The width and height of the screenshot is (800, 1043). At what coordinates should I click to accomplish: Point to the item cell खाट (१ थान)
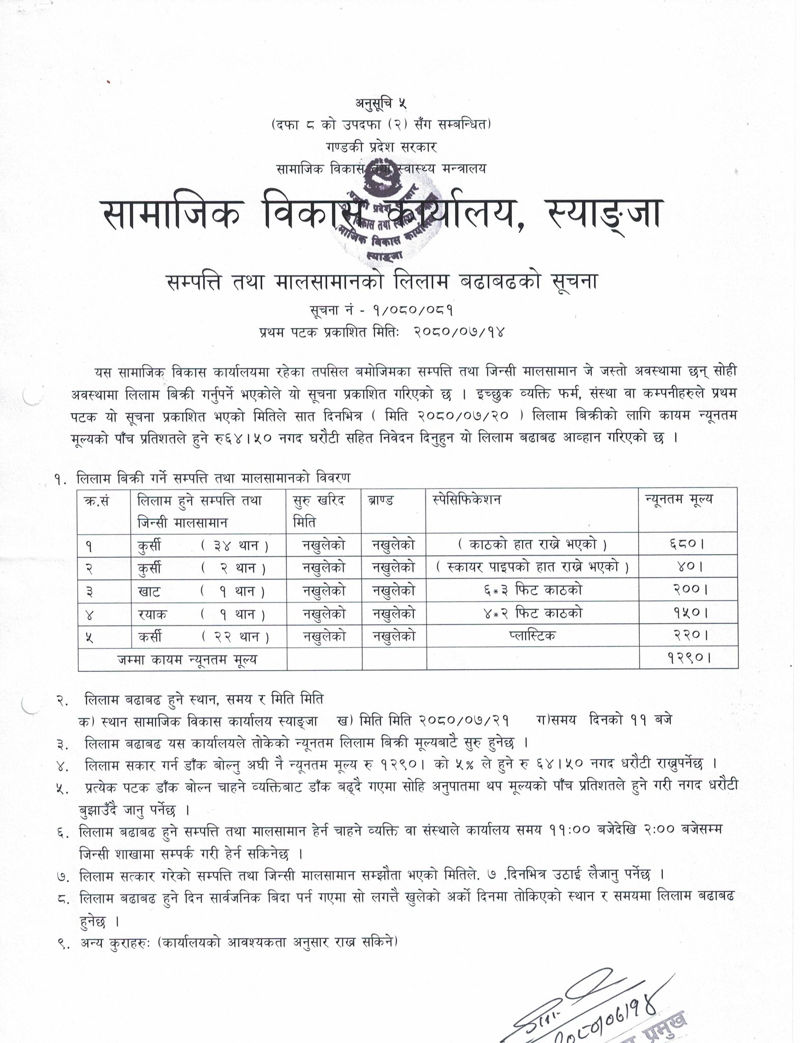coord(201,591)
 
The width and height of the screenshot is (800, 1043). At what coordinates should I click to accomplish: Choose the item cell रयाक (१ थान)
coord(201,614)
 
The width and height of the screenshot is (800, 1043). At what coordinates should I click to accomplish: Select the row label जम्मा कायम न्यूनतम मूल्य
coord(187,660)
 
